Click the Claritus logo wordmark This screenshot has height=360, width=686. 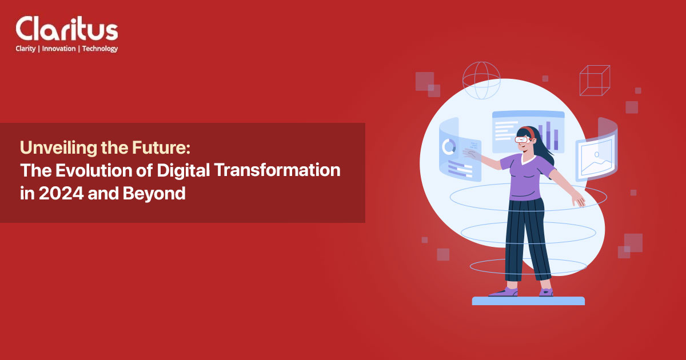[66, 29]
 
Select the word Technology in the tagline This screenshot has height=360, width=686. [99, 49]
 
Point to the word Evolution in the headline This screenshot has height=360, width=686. [85, 170]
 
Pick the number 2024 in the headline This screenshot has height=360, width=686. [56, 193]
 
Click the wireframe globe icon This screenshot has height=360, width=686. [481, 80]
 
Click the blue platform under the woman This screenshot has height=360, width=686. [528, 301]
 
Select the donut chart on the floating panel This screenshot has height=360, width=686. [449, 147]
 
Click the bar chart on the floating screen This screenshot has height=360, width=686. [549, 135]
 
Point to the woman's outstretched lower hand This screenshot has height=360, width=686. [579, 199]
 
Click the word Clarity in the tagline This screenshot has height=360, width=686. [26, 49]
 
